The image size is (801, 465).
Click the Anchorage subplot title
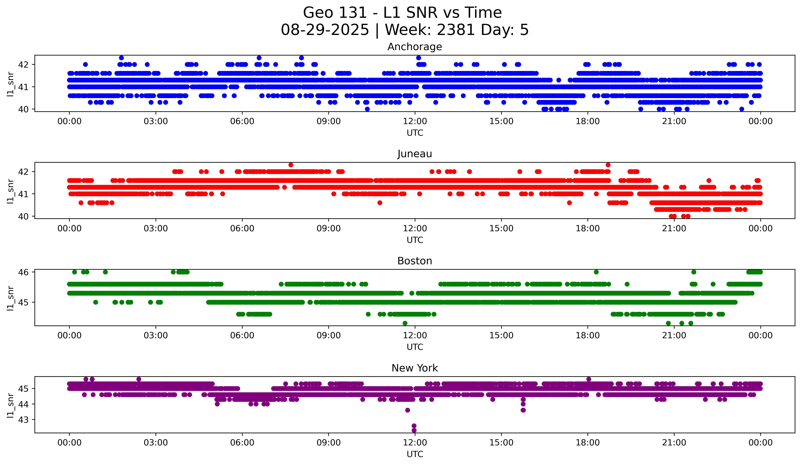click(x=414, y=47)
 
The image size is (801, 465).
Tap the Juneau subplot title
click(x=414, y=154)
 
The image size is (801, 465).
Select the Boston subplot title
click(x=414, y=261)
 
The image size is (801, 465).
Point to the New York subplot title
click(x=414, y=368)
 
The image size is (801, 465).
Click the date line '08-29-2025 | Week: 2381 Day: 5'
click(x=405, y=30)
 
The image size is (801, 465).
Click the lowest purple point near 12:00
click(x=414, y=430)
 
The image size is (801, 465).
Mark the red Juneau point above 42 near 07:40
click(x=290, y=165)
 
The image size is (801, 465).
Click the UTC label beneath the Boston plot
click(x=415, y=347)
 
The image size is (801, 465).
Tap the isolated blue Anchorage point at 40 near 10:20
click(x=367, y=109)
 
